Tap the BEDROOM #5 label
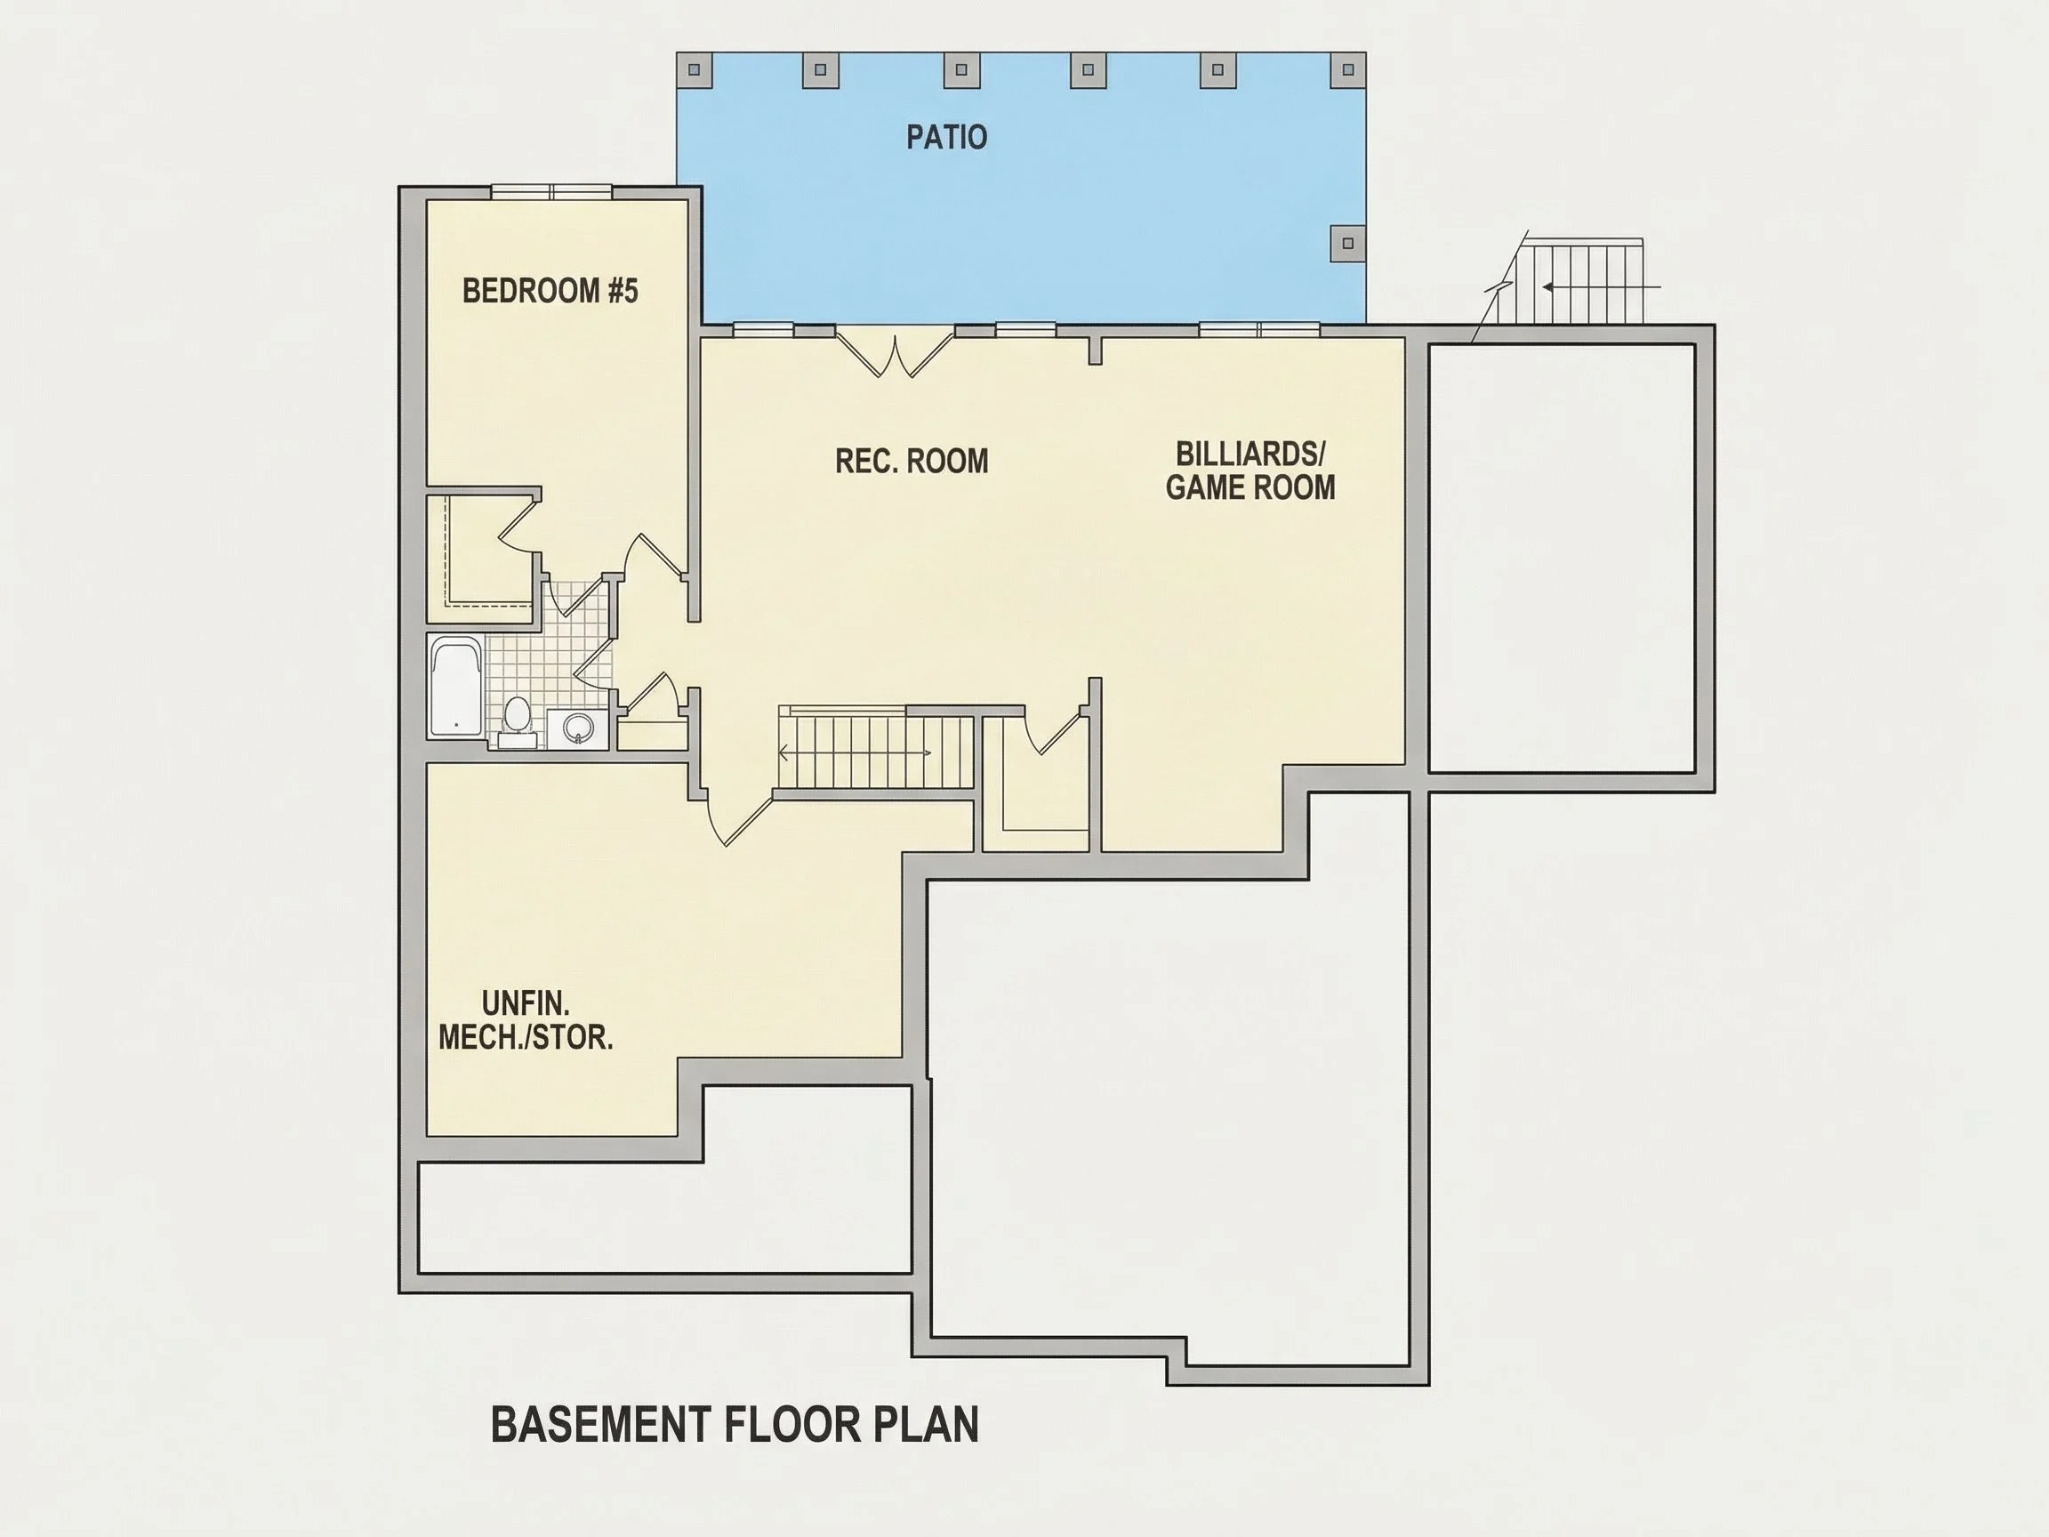click(550, 291)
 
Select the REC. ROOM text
click(912, 462)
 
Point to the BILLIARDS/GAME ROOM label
click(1249, 471)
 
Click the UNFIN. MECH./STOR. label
click(526, 1020)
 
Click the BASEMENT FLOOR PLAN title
click(735, 1424)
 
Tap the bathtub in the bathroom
click(455, 687)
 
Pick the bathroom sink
click(578, 728)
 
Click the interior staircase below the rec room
click(875, 752)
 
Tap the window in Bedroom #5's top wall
click(551, 192)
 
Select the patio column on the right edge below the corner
click(1348, 243)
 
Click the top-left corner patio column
click(694, 68)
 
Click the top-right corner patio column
click(1348, 68)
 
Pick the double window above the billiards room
click(1259, 329)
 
